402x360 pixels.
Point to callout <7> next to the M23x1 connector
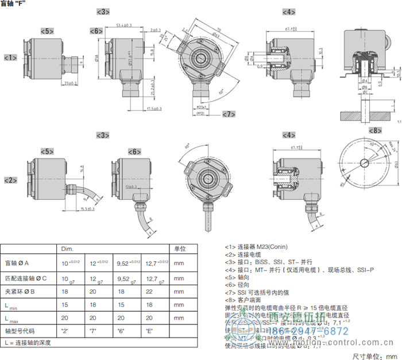229,114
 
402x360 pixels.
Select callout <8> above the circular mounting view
375,131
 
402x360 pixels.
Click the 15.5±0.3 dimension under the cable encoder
88,209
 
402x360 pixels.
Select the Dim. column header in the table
68,249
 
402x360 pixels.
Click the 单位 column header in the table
179,249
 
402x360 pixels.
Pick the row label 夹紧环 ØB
20,292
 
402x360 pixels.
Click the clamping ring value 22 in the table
146,292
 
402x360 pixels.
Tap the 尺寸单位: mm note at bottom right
374,354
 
